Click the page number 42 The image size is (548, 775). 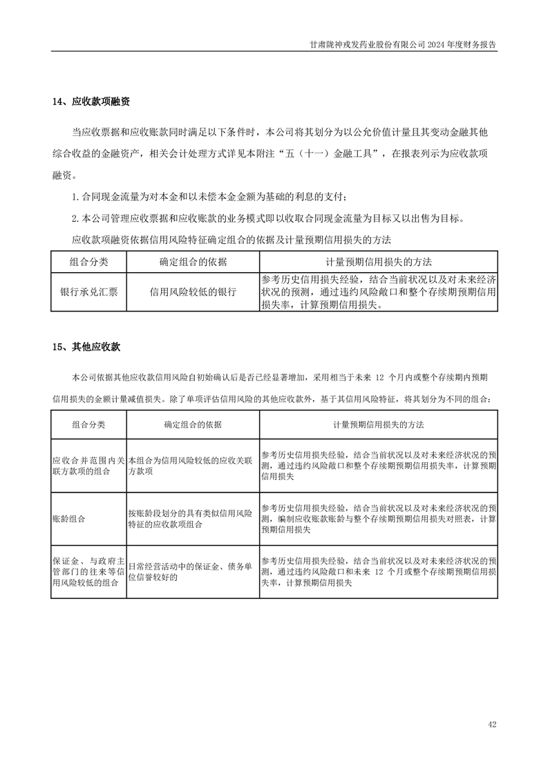pyautogui.click(x=491, y=725)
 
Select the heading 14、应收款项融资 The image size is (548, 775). pyautogui.click(x=91, y=102)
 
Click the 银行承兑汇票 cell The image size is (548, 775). pyautogui.click(x=88, y=291)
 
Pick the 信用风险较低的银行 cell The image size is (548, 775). pyautogui.click(x=193, y=291)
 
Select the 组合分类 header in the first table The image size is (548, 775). pyautogui.click(x=88, y=262)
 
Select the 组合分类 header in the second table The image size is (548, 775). pyautogui.click(x=88, y=424)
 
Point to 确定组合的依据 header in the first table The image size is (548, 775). pyautogui.click(x=193, y=262)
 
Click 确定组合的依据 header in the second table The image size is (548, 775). pyautogui.click(x=193, y=424)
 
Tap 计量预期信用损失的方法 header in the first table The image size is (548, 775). pyautogui.click(x=378, y=262)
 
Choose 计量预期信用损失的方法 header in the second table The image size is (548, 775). pyautogui.click(x=378, y=424)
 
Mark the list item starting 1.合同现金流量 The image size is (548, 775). pyautogui.click(x=215, y=197)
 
